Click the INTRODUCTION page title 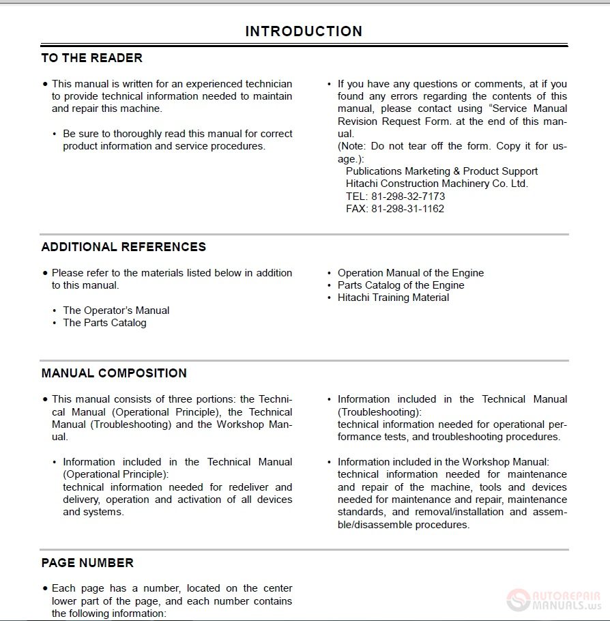304,31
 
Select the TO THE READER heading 92,58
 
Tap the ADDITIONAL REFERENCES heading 124,247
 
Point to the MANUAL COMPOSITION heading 114,373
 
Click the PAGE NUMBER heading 87,563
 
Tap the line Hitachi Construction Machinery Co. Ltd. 437,184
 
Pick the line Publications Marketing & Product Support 441,171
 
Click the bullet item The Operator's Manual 116,310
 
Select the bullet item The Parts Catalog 104,323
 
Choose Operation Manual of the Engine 410,273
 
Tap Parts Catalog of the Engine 401,285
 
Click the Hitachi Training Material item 393,298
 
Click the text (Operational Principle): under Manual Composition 115,474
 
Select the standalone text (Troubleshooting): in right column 379,411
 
